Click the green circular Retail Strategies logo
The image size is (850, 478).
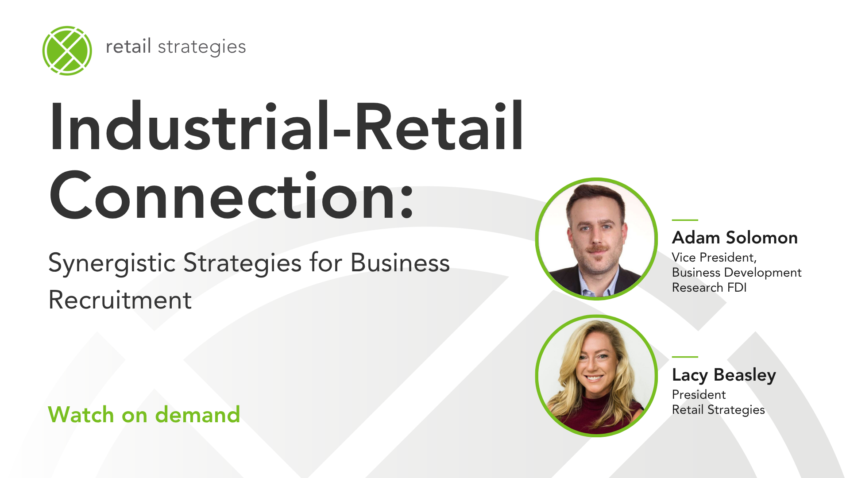pyautogui.click(x=67, y=50)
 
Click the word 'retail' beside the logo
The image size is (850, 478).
pyautogui.click(x=128, y=46)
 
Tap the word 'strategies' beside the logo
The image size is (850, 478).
pyautogui.click(x=201, y=47)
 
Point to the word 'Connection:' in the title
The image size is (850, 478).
pyautogui.click(x=232, y=195)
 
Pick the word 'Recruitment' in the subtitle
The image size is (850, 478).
pyautogui.click(x=120, y=300)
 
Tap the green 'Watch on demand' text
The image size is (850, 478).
pyautogui.click(x=144, y=415)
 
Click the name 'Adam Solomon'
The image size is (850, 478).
pyautogui.click(x=735, y=238)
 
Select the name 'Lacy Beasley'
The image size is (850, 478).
pyautogui.click(x=724, y=375)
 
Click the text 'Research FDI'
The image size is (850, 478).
pyautogui.click(x=709, y=288)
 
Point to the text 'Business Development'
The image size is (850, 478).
pyautogui.click(x=737, y=273)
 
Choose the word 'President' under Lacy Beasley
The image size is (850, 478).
pyautogui.click(x=699, y=394)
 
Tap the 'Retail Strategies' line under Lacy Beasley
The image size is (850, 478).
pyautogui.click(x=719, y=410)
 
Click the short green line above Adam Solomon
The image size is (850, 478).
pyautogui.click(x=685, y=220)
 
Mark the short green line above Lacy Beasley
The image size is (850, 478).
pyautogui.click(x=685, y=357)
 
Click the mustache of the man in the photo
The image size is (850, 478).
pyautogui.click(x=597, y=249)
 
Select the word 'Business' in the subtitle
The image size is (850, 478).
pyautogui.click(x=400, y=263)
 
